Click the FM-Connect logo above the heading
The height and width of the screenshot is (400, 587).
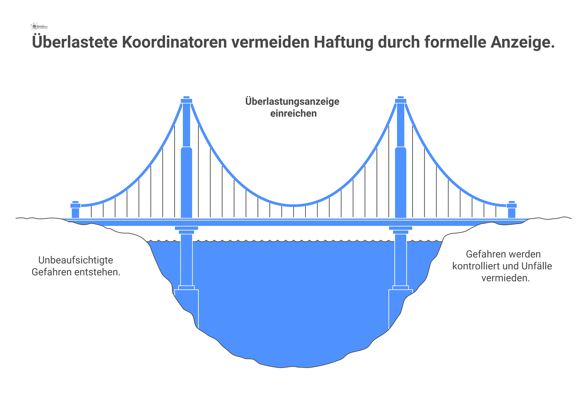pyautogui.click(x=39, y=27)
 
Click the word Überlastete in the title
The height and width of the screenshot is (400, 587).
pyautogui.click(x=75, y=42)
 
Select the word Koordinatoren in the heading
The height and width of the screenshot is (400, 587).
pyautogui.click(x=174, y=42)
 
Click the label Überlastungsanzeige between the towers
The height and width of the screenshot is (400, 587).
pyautogui.click(x=292, y=101)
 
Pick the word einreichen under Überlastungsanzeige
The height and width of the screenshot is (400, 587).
pyautogui.click(x=293, y=113)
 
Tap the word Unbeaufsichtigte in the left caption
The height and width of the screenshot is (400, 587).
pyautogui.click(x=76, y=260)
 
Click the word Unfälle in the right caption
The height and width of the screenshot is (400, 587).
pyautogui.click(x=537, y=266)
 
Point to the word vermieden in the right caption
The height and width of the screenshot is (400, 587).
pyautogui.click(x=505, y=278)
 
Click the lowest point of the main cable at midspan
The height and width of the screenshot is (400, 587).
pyautogui.click(x=293, y=205)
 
